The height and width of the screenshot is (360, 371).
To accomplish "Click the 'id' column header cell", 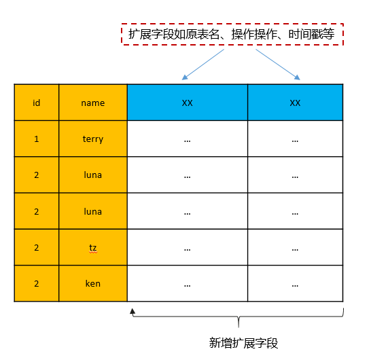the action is (x=37, y=103).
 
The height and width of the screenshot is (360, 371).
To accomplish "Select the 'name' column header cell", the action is (x=93, y=103).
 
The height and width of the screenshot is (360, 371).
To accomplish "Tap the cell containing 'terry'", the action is (x=93, y=139).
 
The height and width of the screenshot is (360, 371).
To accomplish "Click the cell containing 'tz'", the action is (x=93, y=247).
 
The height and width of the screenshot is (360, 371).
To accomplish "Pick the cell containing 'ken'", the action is (x=93, y=283).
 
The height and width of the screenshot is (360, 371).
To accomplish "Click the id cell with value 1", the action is (x=37, y=139).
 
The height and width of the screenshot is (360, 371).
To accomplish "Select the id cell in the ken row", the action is (x=37, y=283).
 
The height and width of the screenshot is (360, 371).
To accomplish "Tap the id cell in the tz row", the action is (x=37, y=247).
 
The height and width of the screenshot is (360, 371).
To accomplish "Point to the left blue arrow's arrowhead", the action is (x=185, y=77).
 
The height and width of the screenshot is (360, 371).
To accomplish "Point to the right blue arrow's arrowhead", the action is (x=298, y=77).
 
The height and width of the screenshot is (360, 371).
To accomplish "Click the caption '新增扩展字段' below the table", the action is (x=243, y=343).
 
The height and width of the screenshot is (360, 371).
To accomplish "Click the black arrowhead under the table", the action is (x=132, y=312).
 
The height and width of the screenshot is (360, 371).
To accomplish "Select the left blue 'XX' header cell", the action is (x=188, y=103).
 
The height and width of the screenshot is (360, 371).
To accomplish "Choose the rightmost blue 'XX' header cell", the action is (x=296, y=103).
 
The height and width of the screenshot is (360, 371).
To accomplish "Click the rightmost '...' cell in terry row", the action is (x=296, y=139).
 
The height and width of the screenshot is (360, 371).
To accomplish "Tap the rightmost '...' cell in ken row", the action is (x=296, y=283).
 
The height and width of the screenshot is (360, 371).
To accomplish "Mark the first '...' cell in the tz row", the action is (x=188, y=247).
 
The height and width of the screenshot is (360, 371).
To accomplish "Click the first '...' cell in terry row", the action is (x=188, y=139).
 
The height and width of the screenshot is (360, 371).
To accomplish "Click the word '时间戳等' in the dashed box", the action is (x=311, y=34).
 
